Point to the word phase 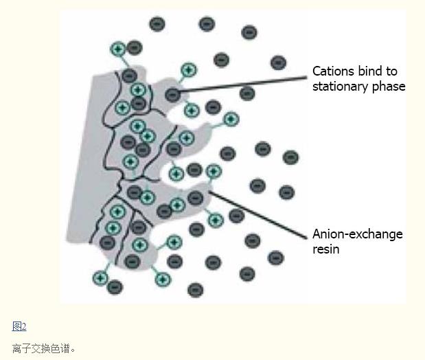pyautogui.click(x=389, y=87)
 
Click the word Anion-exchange pyautogui.click(x=358, y=234)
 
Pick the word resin pyautogui.click(x=326, y=249)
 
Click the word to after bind pyautogui.click(x=392, y=71)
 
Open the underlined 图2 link pyautogui.click(x=19, y=326)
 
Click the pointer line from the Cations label pyautogui.click(x=242, y=85)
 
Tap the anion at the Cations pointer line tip pyautogui.click(x=172, y=95)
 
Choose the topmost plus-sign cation pyautogui.click(x=118, y=49)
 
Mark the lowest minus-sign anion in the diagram pyautogui.click(x=195, y=290)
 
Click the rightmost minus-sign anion pyautogui.click(x=290, y=157)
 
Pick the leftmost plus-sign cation pyautogui.click(x=100, y=278)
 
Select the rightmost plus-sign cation pyautogui.click(x=231, y=120)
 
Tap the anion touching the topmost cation pyautogui.click(x=135, y=48)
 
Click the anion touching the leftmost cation pyautogui.click(x=115, y=286)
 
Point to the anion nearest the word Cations pyautogui.click(x=278, y=63)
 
